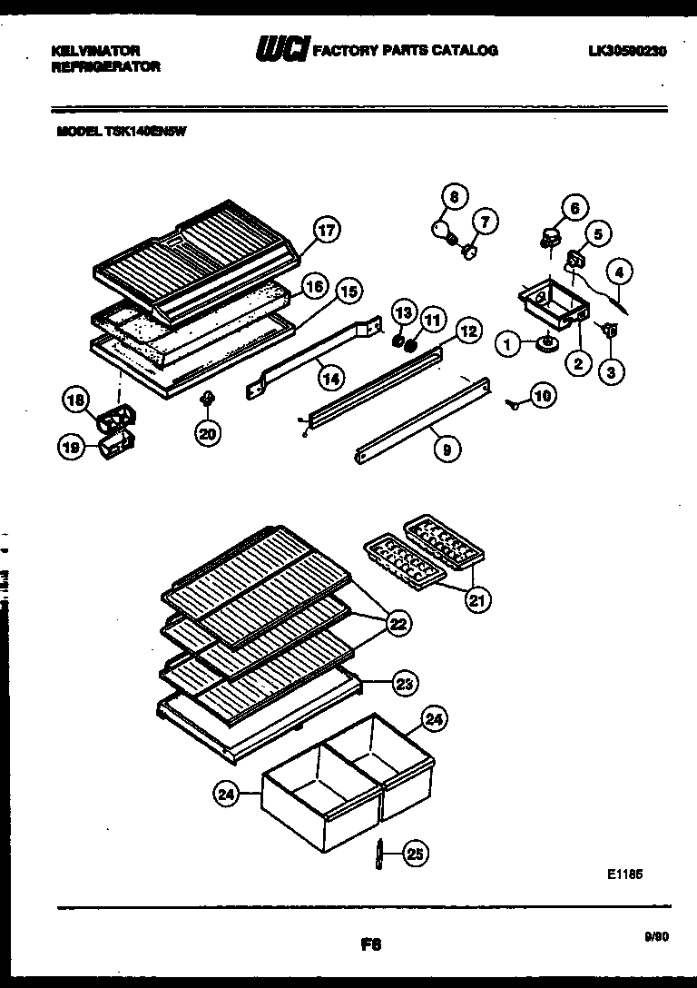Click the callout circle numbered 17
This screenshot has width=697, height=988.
[326, 231]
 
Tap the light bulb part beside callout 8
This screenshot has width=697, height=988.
[442, 226]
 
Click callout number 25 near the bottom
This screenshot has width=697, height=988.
[414, 853]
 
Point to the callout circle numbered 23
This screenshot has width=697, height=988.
[406, 684]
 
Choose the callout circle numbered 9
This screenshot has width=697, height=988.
[445, 447]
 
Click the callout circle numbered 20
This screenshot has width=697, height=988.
[208, 434]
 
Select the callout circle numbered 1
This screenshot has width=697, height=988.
[509, 343]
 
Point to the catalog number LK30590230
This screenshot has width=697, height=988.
[627, 52]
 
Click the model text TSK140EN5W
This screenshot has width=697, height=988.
[122, 130]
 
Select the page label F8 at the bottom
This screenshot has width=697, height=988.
[369, 944]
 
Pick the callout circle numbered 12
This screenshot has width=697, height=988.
[466, 332]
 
